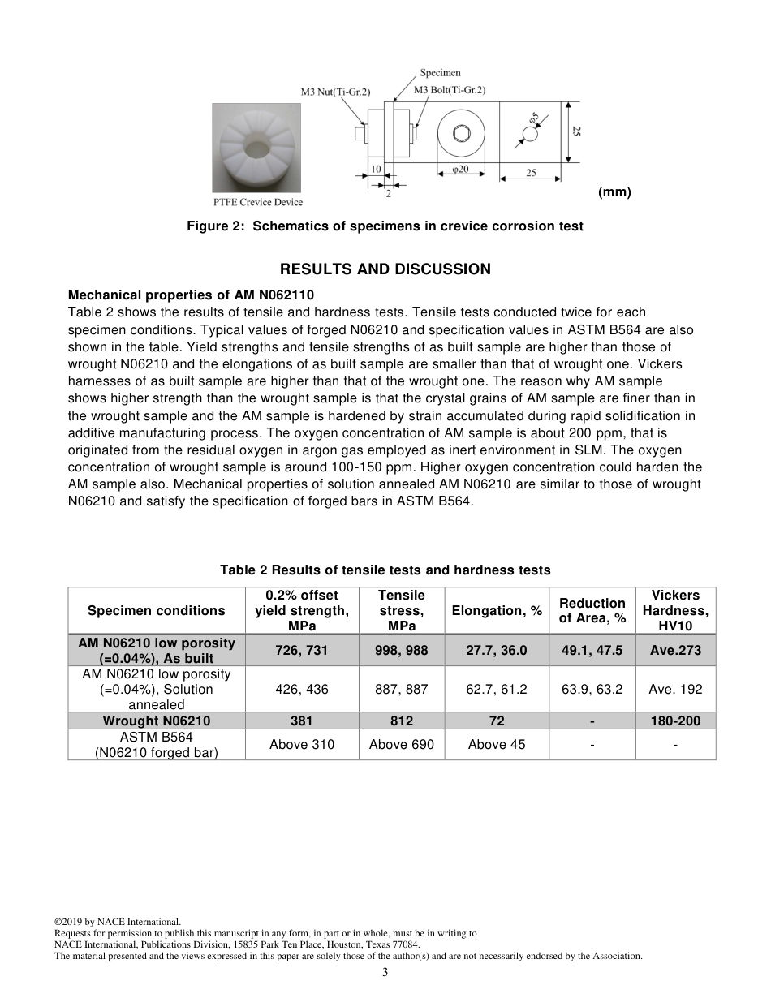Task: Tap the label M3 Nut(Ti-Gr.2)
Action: [x=335, y=92]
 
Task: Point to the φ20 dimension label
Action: [x=459, y=169]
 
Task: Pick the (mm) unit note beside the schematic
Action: [x=614, y=192]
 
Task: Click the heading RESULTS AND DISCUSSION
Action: [x=385, y=269]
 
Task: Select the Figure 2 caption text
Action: [x=385, y=226]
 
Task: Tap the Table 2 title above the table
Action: [x=385, y=570]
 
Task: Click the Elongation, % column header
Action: [x=497, y=611]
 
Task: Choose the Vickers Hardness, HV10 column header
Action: [x=675, y=611]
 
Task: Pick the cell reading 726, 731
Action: [x=302, y=651]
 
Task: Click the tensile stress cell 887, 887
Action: [x=401, y=690]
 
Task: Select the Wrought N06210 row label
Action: [x=156, y=721]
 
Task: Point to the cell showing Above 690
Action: [x=401, y=745]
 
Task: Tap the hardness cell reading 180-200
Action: [x=675, y=721]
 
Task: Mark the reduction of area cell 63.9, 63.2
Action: [x=592, y=690]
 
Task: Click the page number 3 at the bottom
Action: [x=385, y=973]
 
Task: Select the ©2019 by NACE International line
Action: [x=117, y=922]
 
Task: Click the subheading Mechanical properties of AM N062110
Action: [x=191, y=295]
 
